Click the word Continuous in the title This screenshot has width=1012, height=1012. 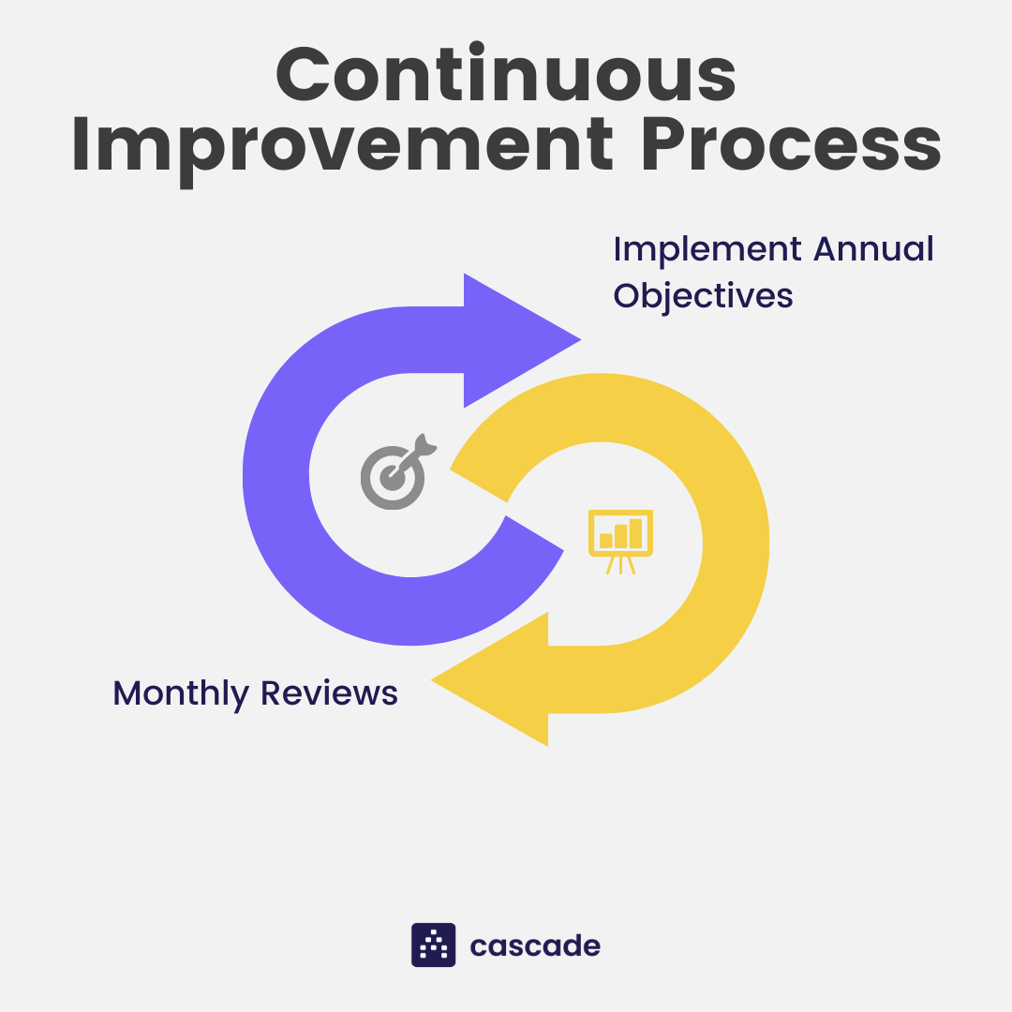(506, 72)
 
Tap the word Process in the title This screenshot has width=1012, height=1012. (791, 144)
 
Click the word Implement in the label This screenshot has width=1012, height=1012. (707, 250)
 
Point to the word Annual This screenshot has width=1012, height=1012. (873, 248)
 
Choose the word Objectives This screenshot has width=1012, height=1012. (703, 296)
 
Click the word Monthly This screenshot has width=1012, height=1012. (181, 694)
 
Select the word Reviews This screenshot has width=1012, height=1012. (329, 693)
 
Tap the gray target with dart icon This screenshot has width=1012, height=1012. (397, 471)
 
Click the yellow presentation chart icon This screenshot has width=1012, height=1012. (620, 542)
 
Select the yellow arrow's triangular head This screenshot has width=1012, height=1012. (490, 679)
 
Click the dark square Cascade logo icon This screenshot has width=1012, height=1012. (434, 945)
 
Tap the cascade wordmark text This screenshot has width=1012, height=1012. (535, 945)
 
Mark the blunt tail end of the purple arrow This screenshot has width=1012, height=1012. (534, 533)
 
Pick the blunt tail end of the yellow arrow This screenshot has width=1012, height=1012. (479, 485)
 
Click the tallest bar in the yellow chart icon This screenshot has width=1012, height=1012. (635, 534)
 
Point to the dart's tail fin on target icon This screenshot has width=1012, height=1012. (426, 443)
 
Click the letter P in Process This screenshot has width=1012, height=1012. (664, 144)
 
